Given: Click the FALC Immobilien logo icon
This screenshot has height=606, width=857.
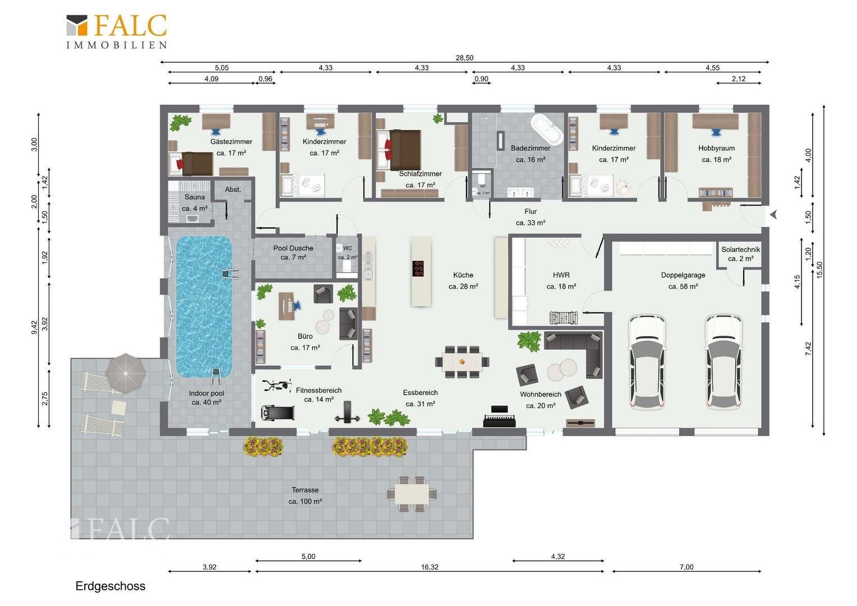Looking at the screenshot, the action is pos(77,25).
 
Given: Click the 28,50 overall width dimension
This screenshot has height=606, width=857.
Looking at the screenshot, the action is pos(464,58).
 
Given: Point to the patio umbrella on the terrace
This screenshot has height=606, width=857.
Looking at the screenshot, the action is pos(126,373).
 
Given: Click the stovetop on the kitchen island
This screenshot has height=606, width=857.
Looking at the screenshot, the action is pos(418,268).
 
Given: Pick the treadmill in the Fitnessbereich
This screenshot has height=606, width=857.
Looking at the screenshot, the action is pos(278,412).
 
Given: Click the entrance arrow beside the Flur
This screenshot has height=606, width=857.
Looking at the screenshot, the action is pos(773,214).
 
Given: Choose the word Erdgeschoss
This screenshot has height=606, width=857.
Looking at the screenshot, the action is pos(110,586).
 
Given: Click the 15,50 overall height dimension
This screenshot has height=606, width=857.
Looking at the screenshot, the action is pos(819,269).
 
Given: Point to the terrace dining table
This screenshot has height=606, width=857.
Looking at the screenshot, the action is pos(412,494).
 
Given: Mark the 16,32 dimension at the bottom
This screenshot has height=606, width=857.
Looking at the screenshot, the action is pos(430,567).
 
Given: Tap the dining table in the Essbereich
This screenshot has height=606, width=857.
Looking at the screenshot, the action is pos(462,362).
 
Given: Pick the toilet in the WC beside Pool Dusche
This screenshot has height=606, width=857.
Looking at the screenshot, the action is pos(347,266).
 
